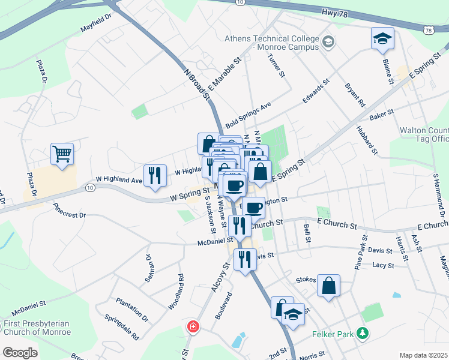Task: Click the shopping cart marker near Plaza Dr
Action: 62,154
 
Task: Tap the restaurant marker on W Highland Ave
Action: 155,175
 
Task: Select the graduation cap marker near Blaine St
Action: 382,38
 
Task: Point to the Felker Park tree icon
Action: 362,332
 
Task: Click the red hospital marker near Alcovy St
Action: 193,328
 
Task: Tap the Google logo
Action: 20,352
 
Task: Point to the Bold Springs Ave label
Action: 249,114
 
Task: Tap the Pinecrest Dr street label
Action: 69,210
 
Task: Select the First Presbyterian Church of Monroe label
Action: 37,328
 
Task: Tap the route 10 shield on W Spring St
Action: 90,188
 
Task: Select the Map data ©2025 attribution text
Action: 423,355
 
